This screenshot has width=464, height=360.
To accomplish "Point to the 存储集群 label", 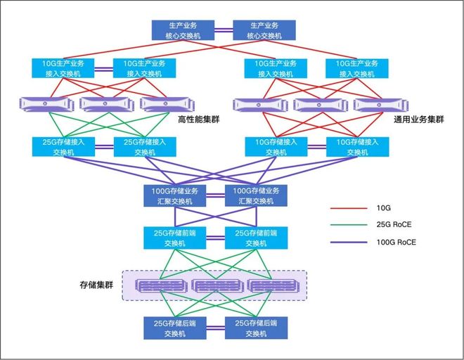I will coord(96,285).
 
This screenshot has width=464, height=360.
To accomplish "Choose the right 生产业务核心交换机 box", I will coord(264,30).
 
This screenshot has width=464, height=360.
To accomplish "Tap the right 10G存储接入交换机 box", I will coord(356,147).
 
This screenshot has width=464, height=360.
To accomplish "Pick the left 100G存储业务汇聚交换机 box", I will coord(175,195).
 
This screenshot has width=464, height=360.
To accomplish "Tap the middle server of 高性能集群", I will coord(105,104).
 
